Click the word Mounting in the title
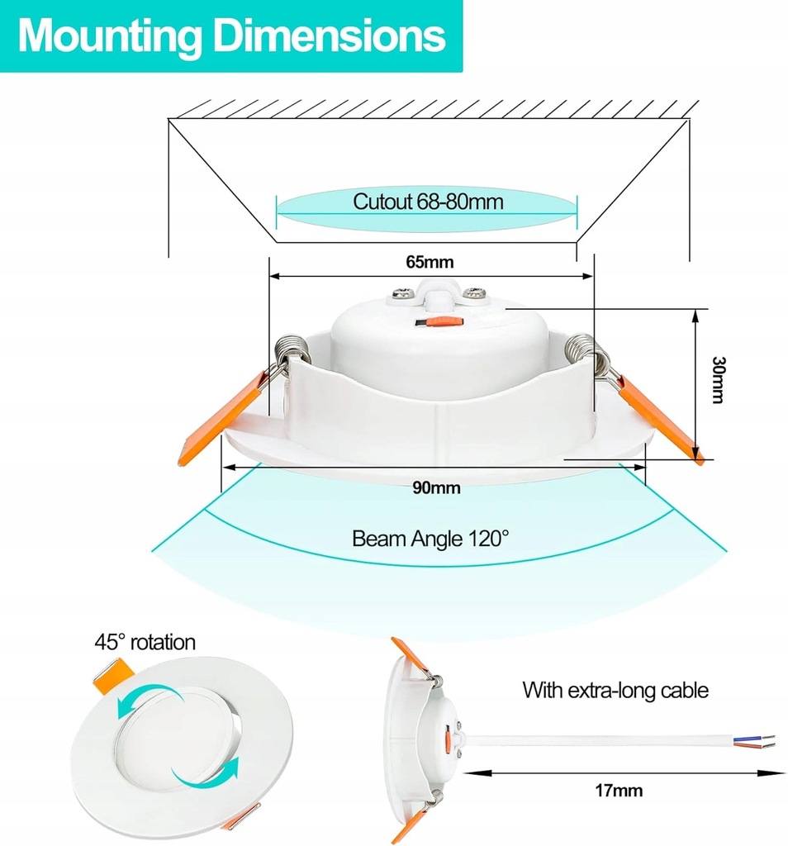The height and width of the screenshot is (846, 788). tap(107, 36)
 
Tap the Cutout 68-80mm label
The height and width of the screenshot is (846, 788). tap(427, 201)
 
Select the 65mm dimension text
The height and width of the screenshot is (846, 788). tap(430, 262)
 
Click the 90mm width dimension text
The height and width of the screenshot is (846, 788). tap(435, 487)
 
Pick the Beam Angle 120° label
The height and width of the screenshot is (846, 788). tap(430, 539)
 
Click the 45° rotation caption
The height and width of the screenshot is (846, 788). tap(144, 642)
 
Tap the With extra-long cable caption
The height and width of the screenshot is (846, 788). tap(615, 690)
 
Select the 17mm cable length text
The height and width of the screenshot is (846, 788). tap(618, 791)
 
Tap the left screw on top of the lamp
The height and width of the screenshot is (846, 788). tap(405, 292)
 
